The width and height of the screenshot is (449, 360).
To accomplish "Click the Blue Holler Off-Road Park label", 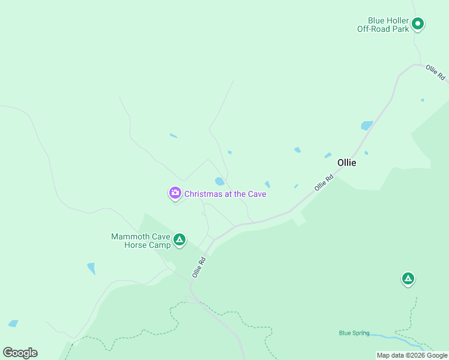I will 383,24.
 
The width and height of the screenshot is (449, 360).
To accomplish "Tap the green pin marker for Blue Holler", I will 418,24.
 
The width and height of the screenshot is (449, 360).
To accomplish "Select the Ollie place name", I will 346,163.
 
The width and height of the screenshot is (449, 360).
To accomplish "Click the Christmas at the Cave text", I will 225,194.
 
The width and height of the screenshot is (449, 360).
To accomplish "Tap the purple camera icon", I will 175,193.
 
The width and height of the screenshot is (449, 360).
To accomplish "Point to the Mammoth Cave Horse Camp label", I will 140,241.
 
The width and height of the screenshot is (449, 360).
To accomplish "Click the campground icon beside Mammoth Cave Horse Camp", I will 179,241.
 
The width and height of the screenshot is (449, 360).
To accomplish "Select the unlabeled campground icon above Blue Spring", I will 408,278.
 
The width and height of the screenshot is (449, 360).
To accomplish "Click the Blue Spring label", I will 354,333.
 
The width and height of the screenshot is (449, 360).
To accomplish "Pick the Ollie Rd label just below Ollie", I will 324,183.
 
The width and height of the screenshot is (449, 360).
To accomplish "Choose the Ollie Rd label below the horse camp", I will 199,267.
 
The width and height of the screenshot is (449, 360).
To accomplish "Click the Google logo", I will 20,353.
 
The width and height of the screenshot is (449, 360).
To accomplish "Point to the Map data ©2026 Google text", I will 412,355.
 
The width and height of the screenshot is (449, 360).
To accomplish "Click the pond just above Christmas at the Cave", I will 220,181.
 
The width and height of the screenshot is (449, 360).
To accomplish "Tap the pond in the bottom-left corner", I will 13,323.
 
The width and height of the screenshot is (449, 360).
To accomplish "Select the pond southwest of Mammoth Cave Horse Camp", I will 91,268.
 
